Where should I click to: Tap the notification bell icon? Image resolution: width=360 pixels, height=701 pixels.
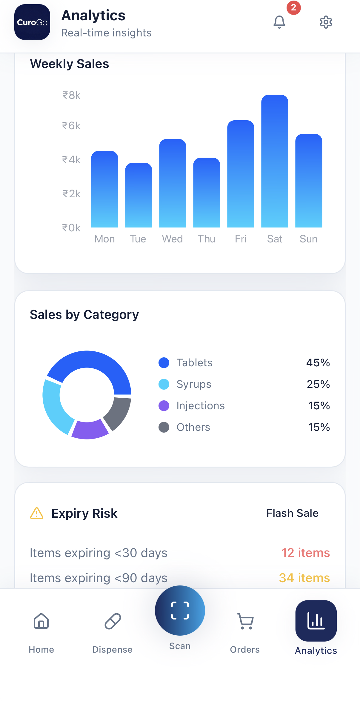pyautogui.click(x=279, y=22)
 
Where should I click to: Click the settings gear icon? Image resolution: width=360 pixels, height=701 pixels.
pyautogui.click(x=326, y=22)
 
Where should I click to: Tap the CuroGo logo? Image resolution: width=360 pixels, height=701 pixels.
pyautogui.click(x=32, y=22)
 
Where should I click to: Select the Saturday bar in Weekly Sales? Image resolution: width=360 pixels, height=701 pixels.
pyautogui.click(x=275, y=161)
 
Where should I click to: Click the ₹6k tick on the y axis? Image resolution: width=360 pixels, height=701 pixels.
pyautogui.click(x=71, y=126)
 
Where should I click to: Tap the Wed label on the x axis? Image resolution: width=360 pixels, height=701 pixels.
pyautogui.click(x=172, y=239)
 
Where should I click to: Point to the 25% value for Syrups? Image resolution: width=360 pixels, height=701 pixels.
pyautogui.click(x=318, y=384)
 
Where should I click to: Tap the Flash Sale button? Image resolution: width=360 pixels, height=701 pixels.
pyautogui.click(x=292, y=513)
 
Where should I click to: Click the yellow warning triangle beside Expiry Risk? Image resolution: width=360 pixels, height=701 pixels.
pyautogui.click(x=37, y=514)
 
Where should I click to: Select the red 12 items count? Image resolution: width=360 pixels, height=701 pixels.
pyautogui.click(x=305, y=553)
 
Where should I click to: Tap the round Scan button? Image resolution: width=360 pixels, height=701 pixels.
pyautogui.click(x=180, y=610)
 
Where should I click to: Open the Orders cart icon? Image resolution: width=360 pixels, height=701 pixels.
pyautogui.click(x=245, y=621)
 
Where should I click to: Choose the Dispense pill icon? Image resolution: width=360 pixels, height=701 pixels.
pyautogui.click(x=113, y=621)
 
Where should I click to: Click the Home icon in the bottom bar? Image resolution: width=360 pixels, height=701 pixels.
pyautogui.click(x=41, y=621)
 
